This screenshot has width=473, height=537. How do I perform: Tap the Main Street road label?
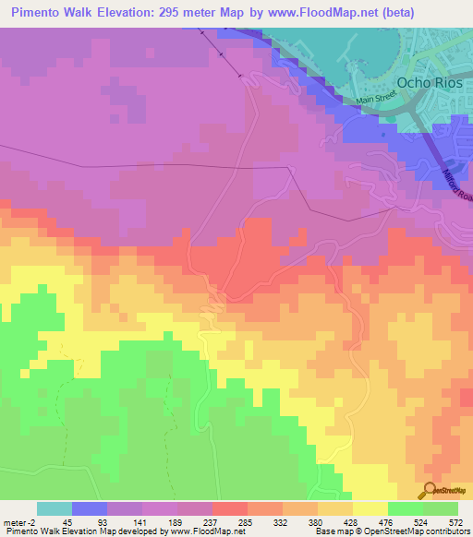click(x=375, y=101)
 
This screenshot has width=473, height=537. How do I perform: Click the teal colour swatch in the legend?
click(x=54, y=508)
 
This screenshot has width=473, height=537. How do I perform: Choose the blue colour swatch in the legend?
click(x=89, y=508)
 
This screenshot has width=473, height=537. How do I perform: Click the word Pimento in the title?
click(x=42, y=13)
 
